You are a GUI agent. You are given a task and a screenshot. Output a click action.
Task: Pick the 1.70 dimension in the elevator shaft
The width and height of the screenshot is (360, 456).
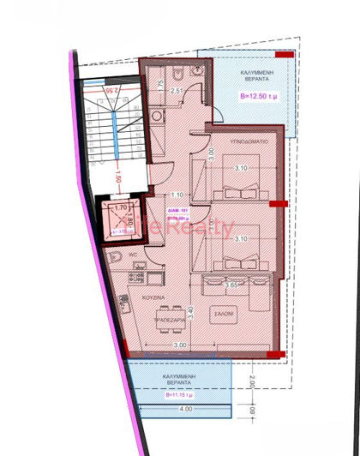[x=120, y=207]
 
